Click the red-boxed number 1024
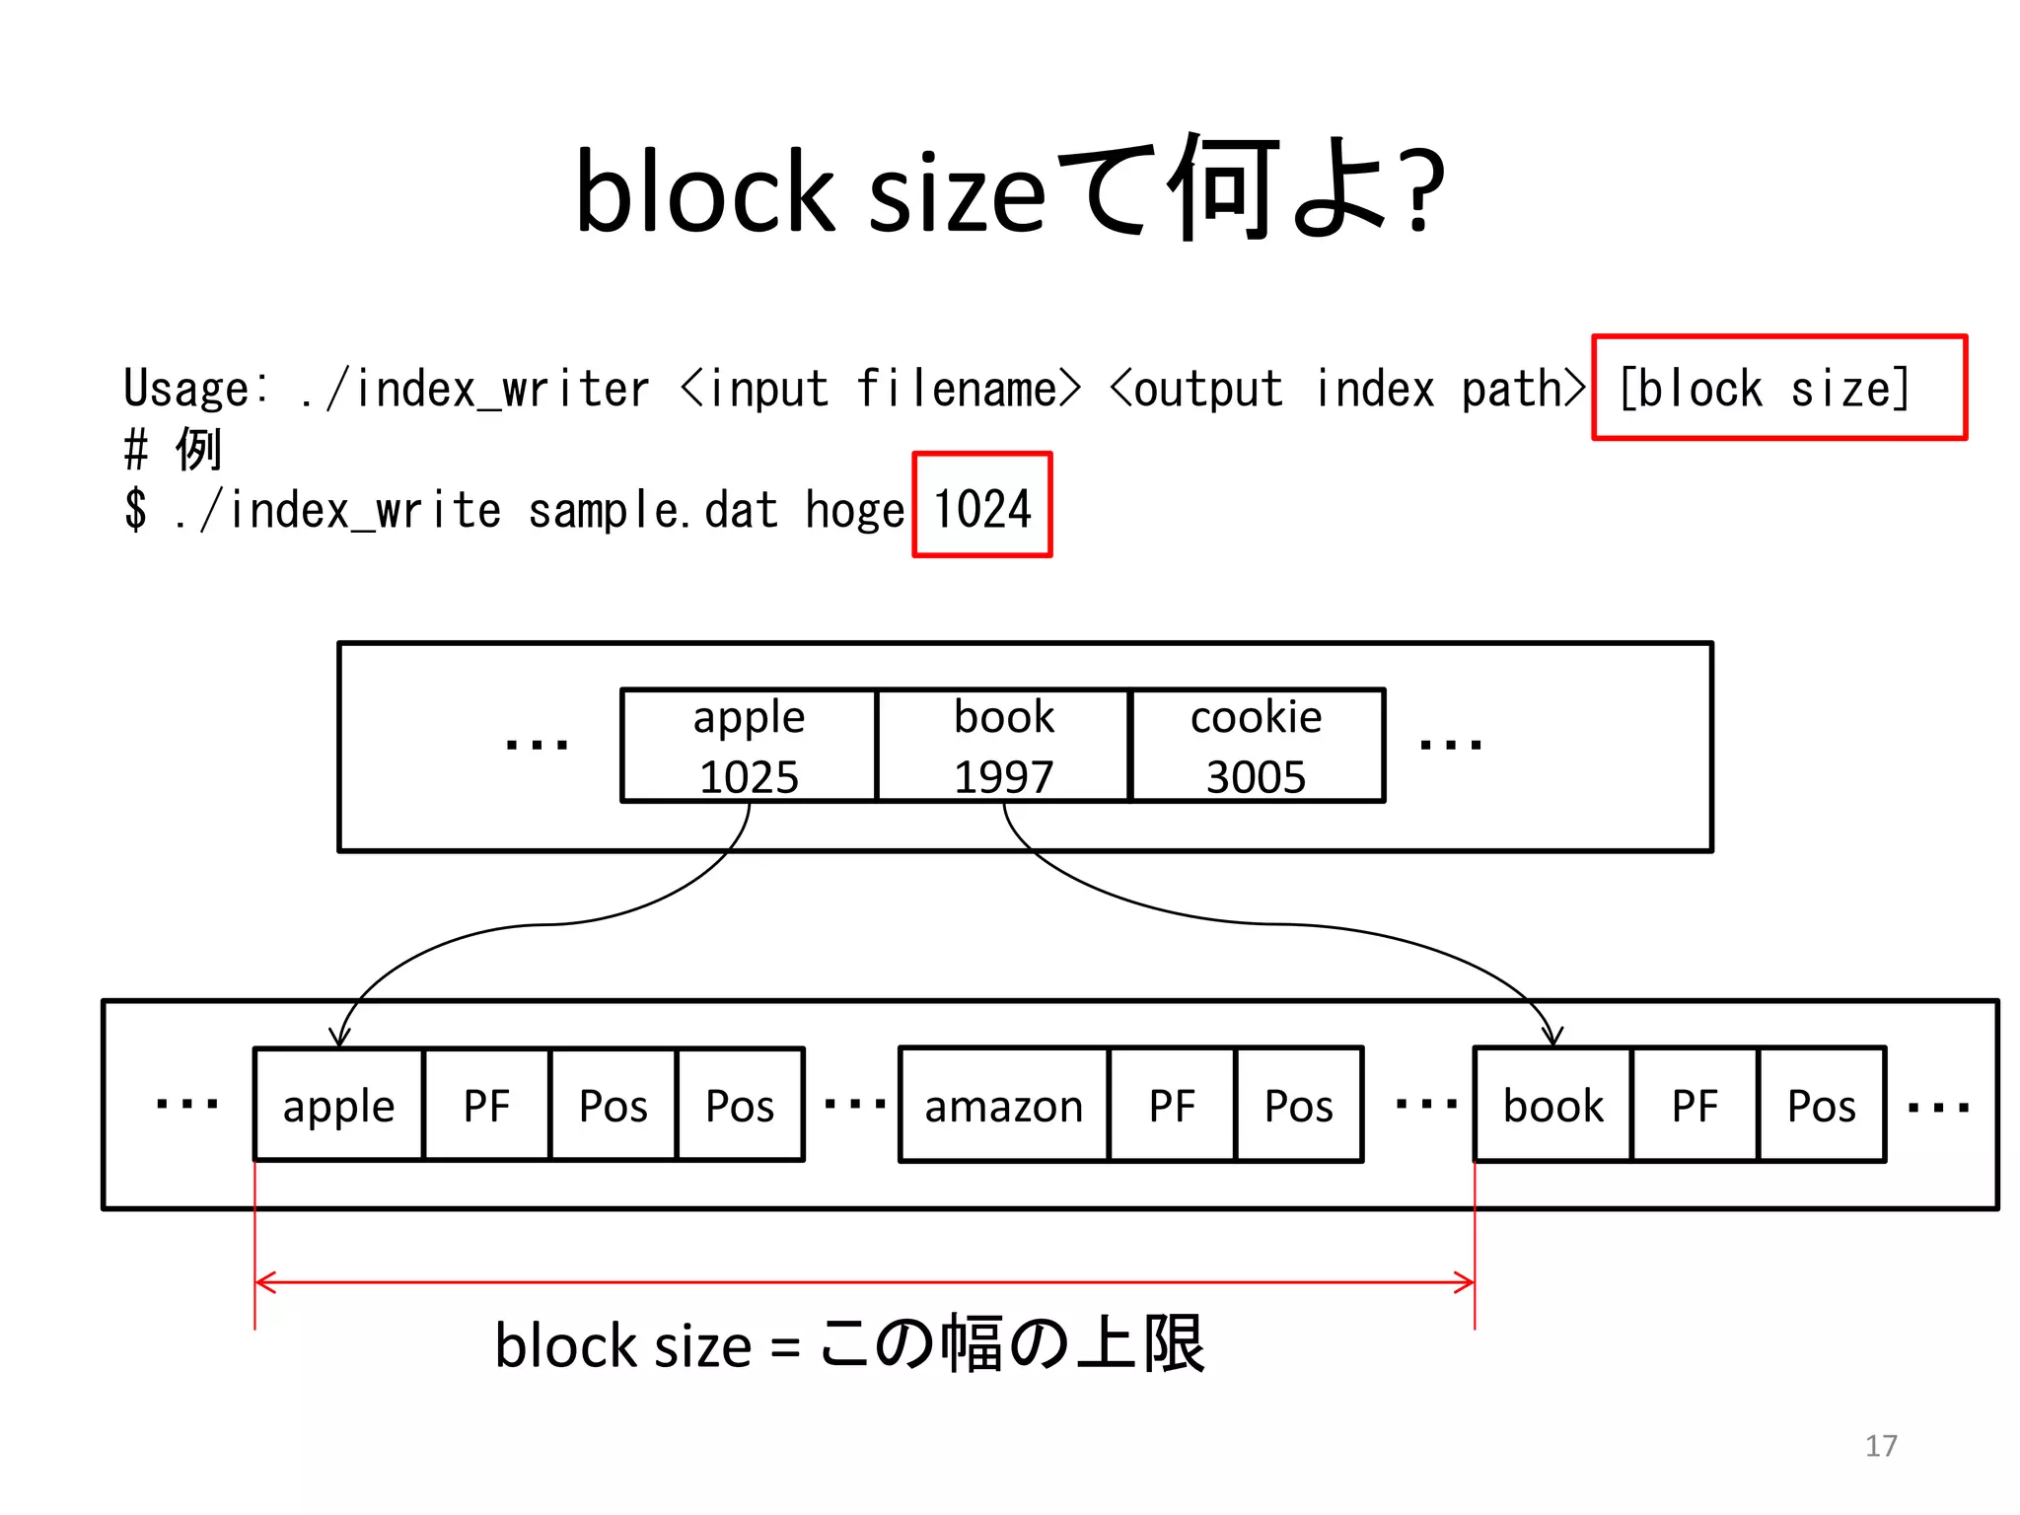pos(981,506)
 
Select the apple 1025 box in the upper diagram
pos(749,746)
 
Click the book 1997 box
pos(1003,746)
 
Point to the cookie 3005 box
pos(1257,746)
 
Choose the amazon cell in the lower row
pos(1003,1106)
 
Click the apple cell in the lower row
pos(338,1106)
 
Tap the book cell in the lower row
pos(1552,1106)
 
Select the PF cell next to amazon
pos(1172,1106)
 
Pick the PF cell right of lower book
pos(1695,1106)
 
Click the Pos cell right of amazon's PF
pos(1299,1106)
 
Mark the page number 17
pos(1881,1446)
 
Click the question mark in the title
pos(1425,191)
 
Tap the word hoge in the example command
pos(854,510)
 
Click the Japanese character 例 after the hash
pos(199,450)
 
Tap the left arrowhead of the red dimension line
pos(263,1282)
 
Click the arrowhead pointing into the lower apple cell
pos(339,1039)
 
